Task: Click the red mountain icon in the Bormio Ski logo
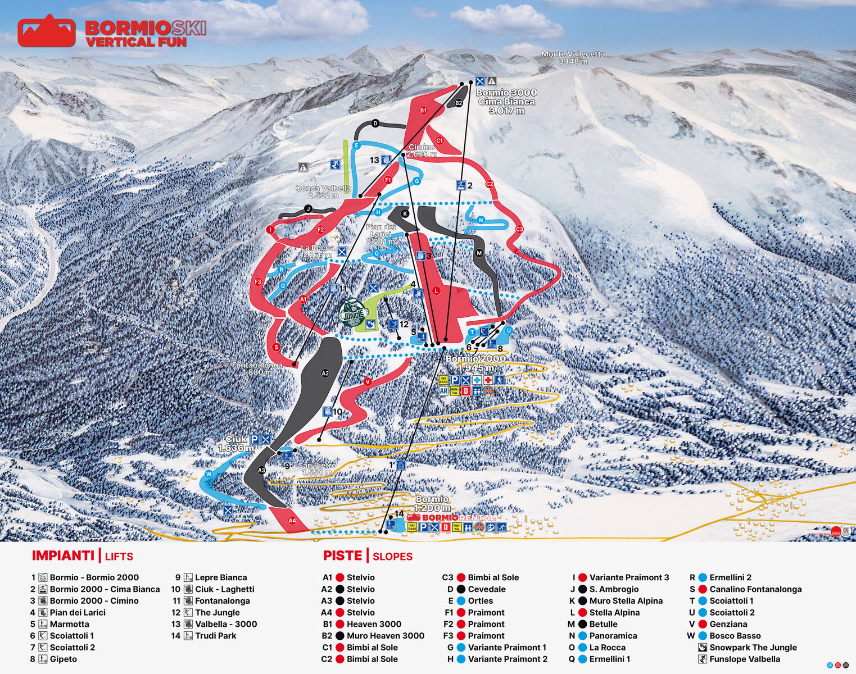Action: point(46,31)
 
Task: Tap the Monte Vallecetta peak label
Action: point(573,57)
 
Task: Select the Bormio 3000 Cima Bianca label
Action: point(506,101)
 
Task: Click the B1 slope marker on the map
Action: point(423,111)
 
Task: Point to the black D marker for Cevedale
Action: point(375,124)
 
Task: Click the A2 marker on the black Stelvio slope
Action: point(325,373)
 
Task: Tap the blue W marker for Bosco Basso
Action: point(209,474)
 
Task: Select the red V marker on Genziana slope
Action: point(368,382)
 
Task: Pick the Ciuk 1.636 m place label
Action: point(236,443)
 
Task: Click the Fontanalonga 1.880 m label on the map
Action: point(257,368)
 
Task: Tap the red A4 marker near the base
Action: point(292,521)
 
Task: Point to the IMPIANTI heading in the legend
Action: point(63,555)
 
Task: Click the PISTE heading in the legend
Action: point(342,555)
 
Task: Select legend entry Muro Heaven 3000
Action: point(385,636)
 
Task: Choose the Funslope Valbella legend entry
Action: point(744,659)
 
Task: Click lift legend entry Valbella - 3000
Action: point(226,624)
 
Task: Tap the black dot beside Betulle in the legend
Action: point(582,624)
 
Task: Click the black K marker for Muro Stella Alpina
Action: point(404,213)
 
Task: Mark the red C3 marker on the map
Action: point(519,229)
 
